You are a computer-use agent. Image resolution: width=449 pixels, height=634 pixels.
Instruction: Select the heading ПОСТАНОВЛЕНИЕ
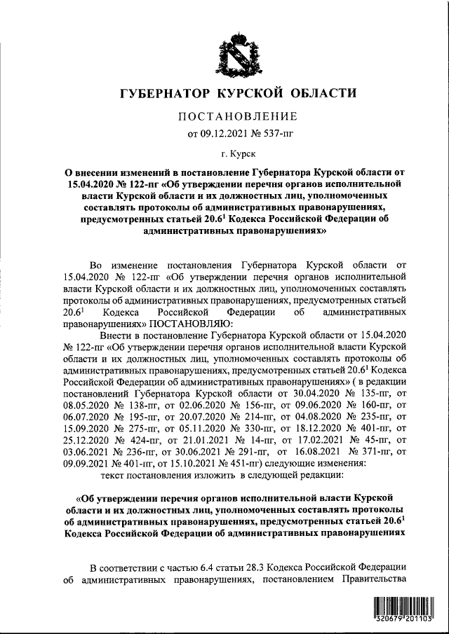point(231,116)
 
